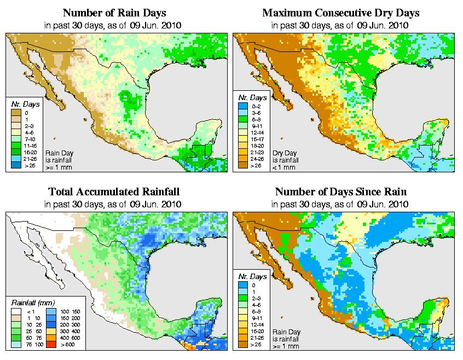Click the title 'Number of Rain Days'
coord(114,13)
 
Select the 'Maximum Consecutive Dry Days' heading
coord(341,13)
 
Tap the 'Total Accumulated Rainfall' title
coord(114,191)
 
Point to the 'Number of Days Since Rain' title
coord(340,191)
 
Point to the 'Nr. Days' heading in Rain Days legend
coord(22,104)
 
